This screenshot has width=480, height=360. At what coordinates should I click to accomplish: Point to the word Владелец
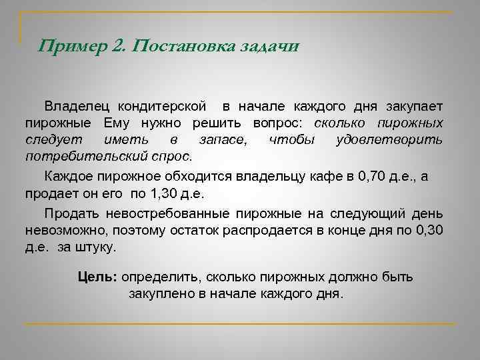coord(77,107)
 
